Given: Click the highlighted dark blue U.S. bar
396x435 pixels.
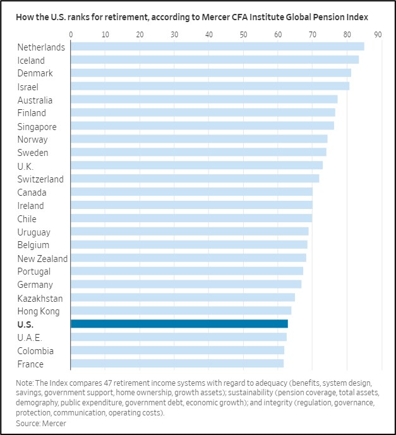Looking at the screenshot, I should (179, 324).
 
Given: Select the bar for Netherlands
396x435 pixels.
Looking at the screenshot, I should (217, 47).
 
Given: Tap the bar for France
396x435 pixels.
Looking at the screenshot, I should (177, 364).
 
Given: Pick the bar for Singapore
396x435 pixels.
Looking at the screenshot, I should (202, 126).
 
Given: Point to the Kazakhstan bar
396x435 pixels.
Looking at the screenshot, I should (183, 297).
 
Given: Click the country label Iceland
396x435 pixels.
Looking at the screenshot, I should (31, 60).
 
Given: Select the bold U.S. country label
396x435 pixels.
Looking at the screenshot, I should (26, 324).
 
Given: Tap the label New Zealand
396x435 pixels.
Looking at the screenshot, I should (42, 258).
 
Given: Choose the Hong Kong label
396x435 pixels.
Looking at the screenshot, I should (39, 311).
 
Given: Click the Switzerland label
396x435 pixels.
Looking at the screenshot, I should (40, 179).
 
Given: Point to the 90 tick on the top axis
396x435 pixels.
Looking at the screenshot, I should (378, 33).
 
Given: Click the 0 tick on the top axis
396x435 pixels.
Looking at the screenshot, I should (71, 33).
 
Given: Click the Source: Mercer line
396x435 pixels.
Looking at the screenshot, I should (42, 423).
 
